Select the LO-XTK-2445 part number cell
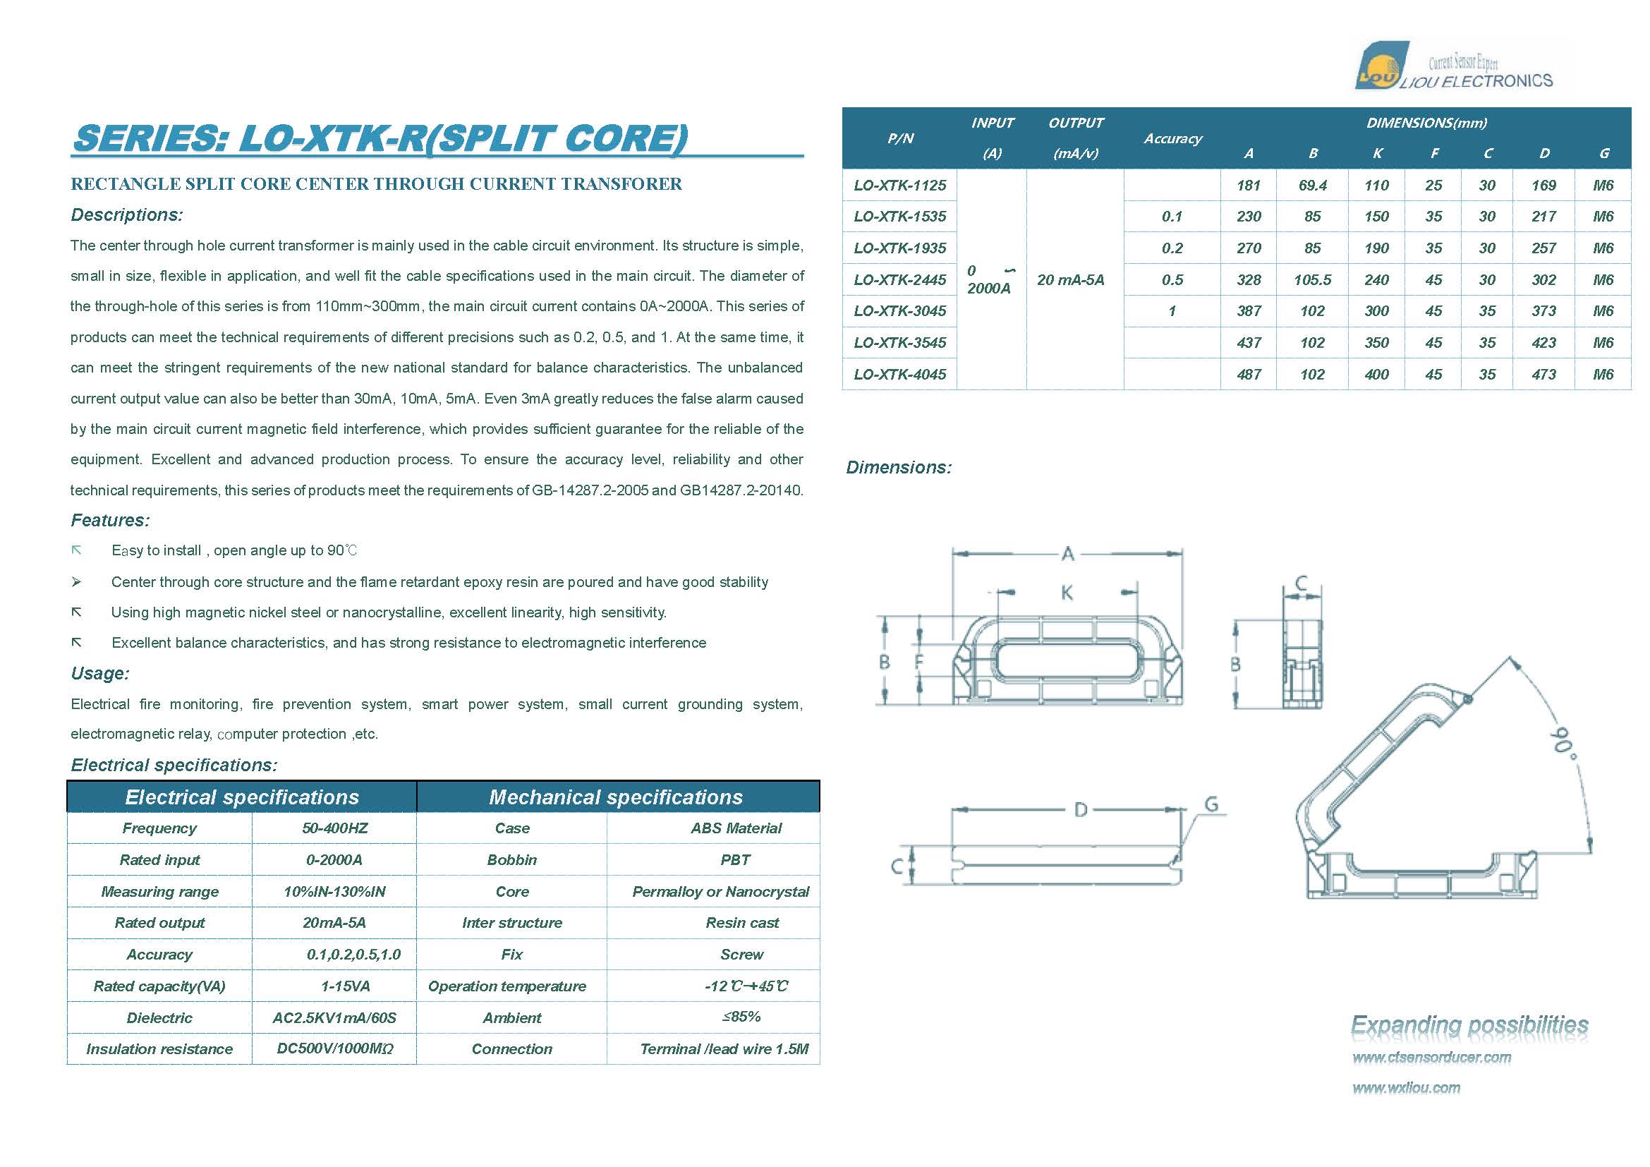point(899,279)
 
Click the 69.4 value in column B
point(1312,186)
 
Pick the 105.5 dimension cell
point(1312,279)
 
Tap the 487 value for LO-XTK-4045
point(1249,375)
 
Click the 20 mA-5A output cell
point(1070,279)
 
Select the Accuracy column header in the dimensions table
point(1172,139)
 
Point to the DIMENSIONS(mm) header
point(1426,123)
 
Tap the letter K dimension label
point(1067,593)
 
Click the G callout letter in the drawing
point(1211,804)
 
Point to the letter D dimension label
point(1080,811)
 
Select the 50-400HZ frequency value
point(335,828)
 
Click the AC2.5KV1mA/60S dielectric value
point(334,1017)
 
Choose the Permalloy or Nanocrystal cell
point(720,891)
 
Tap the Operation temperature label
point(506,986)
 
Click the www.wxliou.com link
point(1406,1088)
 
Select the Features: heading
point(110,520)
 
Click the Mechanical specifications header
point(615,797)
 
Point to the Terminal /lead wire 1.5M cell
point(724,1049)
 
